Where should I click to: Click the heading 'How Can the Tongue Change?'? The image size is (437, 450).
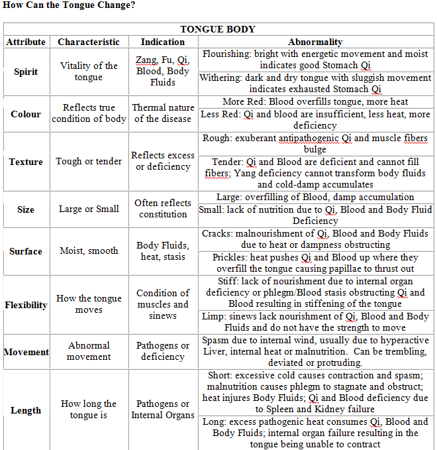[x=69, y=6]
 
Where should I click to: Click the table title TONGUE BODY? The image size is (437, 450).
[x=218, y=29]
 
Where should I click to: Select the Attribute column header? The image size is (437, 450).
[x=26, y=42]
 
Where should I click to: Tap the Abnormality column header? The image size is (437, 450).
[x=315, y=42]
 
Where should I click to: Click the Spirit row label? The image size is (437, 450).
[x=26, y=72]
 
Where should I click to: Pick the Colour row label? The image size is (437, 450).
[x=26, y=113]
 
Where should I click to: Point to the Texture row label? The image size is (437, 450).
[x=26, y=162]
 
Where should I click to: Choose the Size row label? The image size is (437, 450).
[x=26, y=209]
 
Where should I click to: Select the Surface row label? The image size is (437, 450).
[x=26, y=251]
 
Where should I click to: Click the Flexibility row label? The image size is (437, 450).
[x=26, y=305]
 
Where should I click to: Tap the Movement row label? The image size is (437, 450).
[x=26, y=352]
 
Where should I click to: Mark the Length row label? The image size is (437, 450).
[x=26, y=410]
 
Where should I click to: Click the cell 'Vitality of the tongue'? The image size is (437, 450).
[x=89, y=72]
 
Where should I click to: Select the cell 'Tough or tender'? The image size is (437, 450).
[x=89, y=161]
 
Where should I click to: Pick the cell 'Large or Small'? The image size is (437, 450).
[x=89, y=209]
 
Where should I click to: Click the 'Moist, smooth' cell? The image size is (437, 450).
[x=89, y=251]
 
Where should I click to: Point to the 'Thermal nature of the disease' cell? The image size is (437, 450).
[x=163, y=113]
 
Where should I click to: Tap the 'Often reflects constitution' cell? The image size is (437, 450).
[x=163, y=209]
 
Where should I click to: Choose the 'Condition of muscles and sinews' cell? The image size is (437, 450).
[x=163, y=304]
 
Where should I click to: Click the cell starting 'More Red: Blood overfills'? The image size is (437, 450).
[x=315, y=102]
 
